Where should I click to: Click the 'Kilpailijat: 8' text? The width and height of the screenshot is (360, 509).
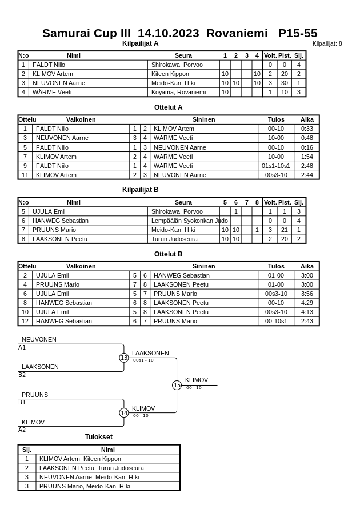[327, 43]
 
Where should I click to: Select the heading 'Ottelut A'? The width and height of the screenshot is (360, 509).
[168, 107]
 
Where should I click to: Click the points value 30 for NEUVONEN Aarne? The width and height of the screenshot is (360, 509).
[284, 83]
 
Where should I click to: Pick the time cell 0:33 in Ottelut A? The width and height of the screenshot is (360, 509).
[307, 129]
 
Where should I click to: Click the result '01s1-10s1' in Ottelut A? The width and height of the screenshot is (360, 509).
[276, 166]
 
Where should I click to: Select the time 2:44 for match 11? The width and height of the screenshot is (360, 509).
[307, 175]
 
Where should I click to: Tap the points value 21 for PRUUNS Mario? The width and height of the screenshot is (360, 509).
[284, 230]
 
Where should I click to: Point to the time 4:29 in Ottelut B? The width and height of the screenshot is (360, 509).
[307, 303]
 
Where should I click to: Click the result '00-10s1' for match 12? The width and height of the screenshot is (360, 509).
[276, 321]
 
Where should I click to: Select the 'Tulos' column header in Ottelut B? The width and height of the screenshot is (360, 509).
[276, 266]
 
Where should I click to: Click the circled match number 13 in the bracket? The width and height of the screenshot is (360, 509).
[124, 358]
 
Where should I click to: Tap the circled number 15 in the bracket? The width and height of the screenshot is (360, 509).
[177, 386]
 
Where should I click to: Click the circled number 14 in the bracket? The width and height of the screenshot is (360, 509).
[124, 413]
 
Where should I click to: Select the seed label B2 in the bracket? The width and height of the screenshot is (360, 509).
[22, 375]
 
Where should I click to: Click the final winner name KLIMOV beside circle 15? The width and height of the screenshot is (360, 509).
[197, 380]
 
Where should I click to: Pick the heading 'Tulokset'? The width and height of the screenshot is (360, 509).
[99, 437]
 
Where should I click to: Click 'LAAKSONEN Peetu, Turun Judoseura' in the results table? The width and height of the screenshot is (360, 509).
[91, 468]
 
